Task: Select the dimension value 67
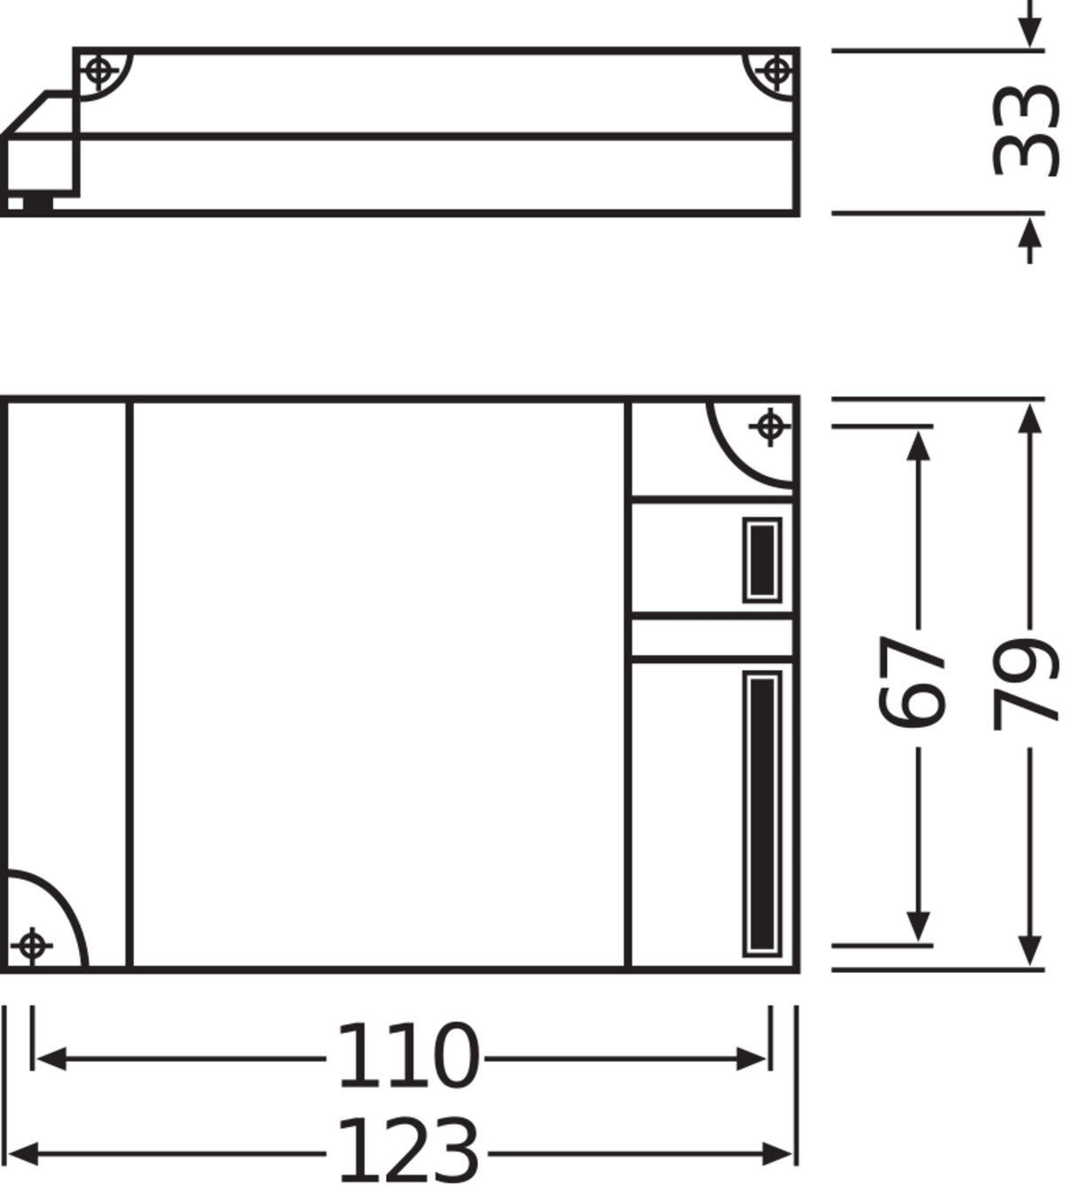tap(913, 683)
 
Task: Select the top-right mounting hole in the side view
tap(776, 71)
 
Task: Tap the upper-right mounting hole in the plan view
tap(769, 426)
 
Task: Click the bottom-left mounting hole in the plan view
tap(32, 946)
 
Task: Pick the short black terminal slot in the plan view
tap(762, 561)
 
